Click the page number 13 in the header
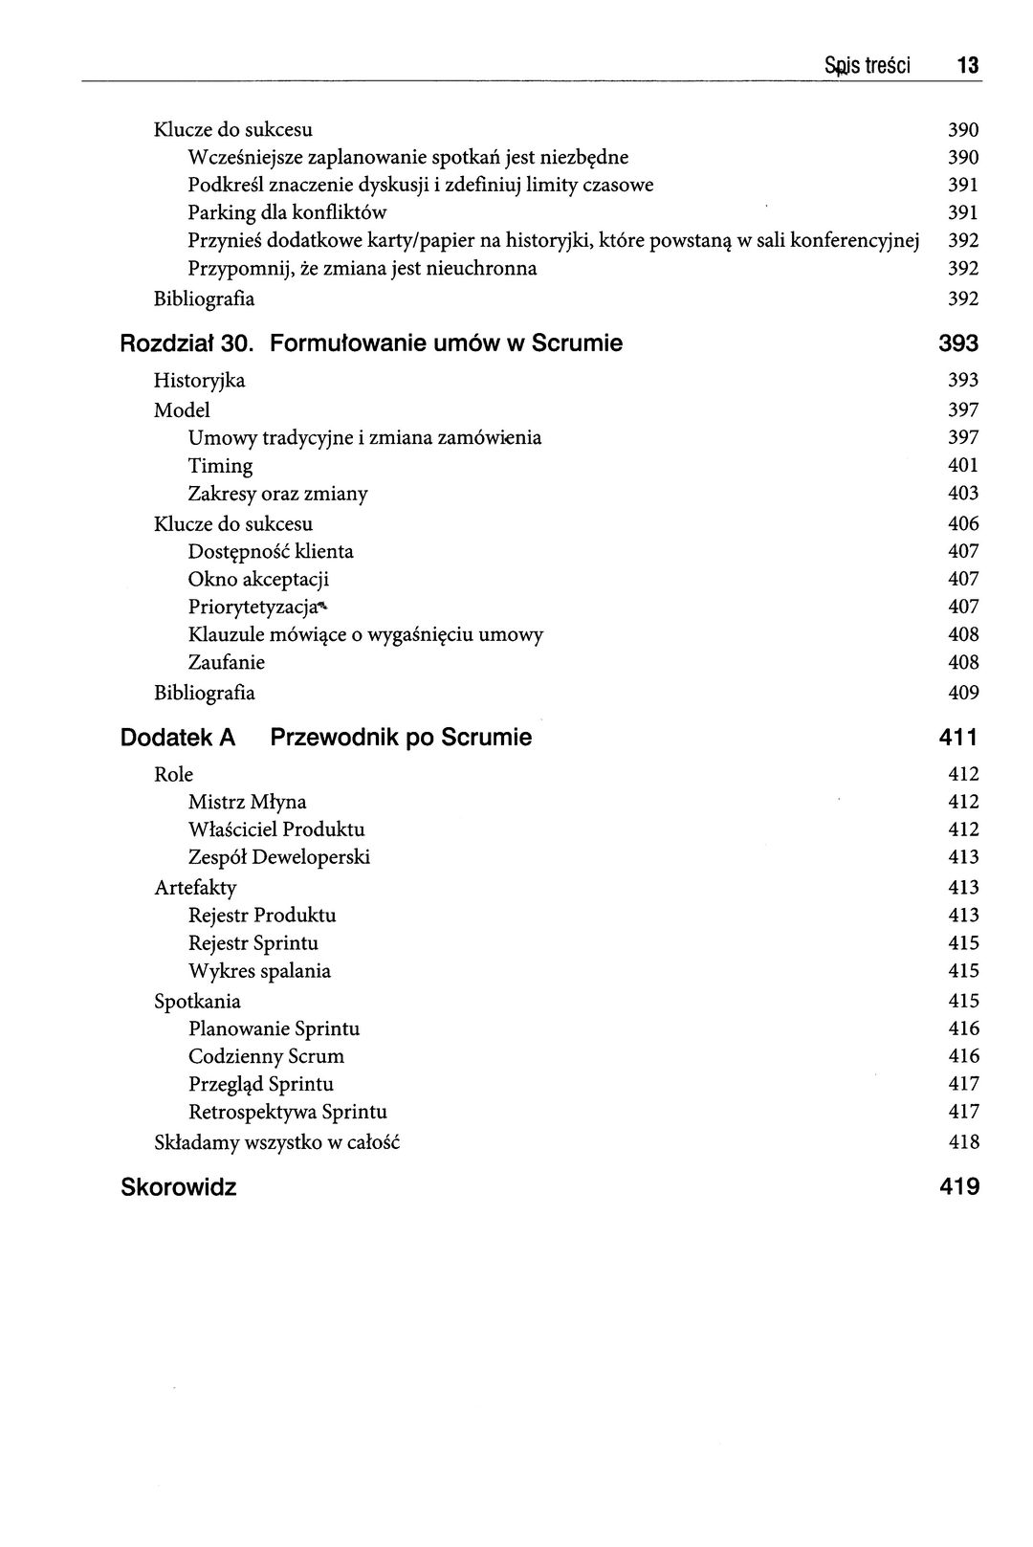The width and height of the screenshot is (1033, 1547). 968,66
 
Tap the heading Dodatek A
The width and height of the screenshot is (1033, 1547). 178,738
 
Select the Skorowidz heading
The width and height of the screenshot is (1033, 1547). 179,1187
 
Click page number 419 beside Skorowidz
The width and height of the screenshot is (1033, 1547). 959,1187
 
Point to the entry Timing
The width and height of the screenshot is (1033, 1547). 220,466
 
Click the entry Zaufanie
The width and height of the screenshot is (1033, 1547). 227,662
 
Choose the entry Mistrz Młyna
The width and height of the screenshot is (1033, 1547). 247,802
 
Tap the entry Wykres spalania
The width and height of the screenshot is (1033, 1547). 259,971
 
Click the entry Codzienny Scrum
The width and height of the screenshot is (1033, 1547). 266,1056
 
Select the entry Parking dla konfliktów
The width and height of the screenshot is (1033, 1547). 287,212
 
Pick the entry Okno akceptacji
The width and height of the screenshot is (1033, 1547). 258,579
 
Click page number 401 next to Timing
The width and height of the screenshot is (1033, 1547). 963,466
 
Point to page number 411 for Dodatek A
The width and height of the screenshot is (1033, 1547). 959,738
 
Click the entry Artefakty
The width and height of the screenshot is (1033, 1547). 195,887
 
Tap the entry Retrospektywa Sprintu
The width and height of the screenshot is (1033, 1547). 287,1112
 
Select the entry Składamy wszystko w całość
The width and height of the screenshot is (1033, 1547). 276,1141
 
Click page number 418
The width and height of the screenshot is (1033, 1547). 963,1141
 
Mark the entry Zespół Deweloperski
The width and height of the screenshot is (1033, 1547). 278,857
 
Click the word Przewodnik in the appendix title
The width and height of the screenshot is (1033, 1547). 332,738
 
